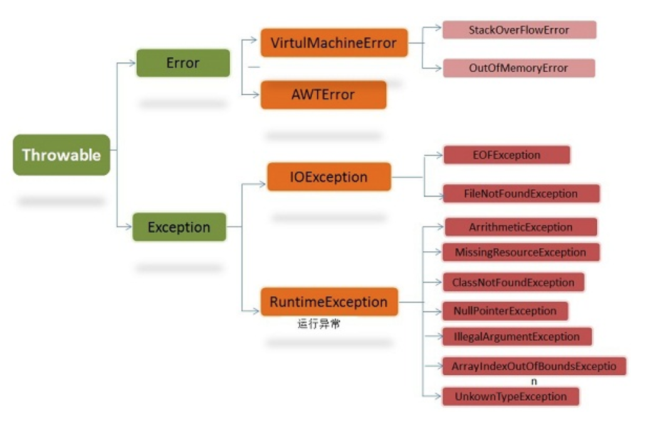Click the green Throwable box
61,154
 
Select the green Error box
183,63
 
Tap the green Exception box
179,227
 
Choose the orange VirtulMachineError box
334,43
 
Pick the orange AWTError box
323,95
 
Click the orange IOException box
329,176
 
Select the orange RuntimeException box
329,301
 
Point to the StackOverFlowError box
519,30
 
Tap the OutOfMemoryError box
519,68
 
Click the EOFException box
507,155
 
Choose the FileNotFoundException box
522,193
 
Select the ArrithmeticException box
521,227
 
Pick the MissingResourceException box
521,252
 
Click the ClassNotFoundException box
513,283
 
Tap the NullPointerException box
505,311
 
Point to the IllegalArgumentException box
517,337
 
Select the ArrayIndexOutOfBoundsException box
534,366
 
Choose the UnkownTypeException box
511,396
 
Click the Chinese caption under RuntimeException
319,323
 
